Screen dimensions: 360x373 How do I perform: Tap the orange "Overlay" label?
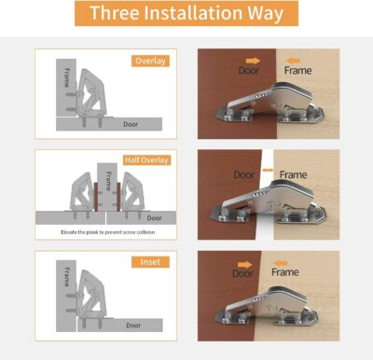pos(150,62)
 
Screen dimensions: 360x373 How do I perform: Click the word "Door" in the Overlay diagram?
pos(131,122)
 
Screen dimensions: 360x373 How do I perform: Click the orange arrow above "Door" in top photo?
pos(253,59)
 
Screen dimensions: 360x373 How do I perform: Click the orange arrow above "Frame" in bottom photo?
pos(284,262)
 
